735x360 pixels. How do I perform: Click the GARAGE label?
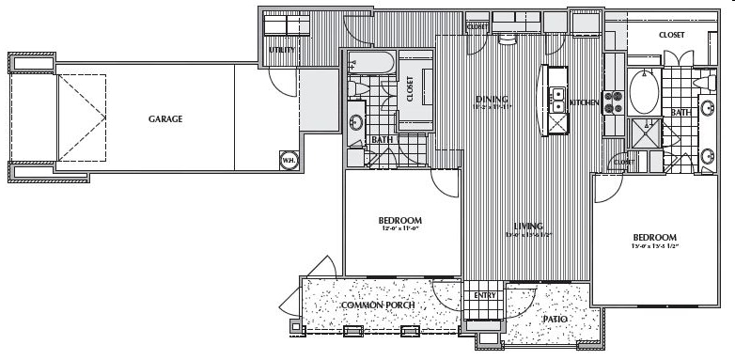click(164, 119)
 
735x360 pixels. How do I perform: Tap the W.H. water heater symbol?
click(287, 160)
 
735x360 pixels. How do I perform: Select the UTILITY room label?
click(282, 49)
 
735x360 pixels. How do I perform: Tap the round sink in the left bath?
click(356, 122)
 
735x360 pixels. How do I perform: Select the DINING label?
click(492, 99)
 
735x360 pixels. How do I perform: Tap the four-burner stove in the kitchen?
click(614, 101)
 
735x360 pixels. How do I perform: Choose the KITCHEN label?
click(585, 102)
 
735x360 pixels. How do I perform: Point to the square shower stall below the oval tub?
click(645, 132)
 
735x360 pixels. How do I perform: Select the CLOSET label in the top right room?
click(671, 35)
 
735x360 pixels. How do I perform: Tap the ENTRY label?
click(485, 295)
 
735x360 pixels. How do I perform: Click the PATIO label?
click(555, 320)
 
